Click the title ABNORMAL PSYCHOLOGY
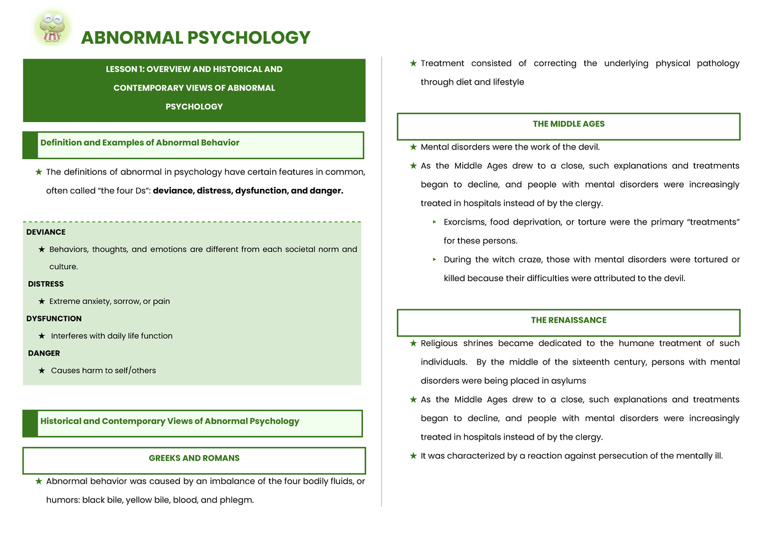[x=195, y=38]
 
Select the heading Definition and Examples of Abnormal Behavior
[x=140, y=143]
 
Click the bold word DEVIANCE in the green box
[x=46, y=232]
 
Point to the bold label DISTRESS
[x=46, y=284]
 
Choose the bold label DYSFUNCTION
[x=54, y=319]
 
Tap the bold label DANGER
[x=44, y=353]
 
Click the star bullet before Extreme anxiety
[x=41, y=301]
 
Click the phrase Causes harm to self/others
[x=103, y=370]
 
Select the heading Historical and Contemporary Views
[x=169, y=421]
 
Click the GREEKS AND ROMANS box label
[x=194, y=458]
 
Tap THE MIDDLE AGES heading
[x=568, y=124]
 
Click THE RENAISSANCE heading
[x=568, y=320]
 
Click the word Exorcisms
[x=464, y=222]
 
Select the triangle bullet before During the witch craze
[x=434, y=260]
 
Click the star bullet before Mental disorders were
[x=413, y=148]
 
